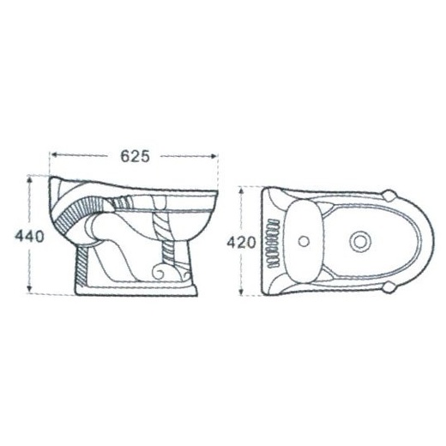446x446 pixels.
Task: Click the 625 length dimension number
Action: pos(135,156)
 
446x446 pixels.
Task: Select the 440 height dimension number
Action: pos(30,237)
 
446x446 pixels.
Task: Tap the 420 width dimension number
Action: pos(241,243)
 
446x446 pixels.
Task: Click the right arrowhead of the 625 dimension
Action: pos(214,156)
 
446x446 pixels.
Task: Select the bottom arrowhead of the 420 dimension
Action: pos(241,291)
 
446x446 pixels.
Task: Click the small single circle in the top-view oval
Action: pos(304,241)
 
